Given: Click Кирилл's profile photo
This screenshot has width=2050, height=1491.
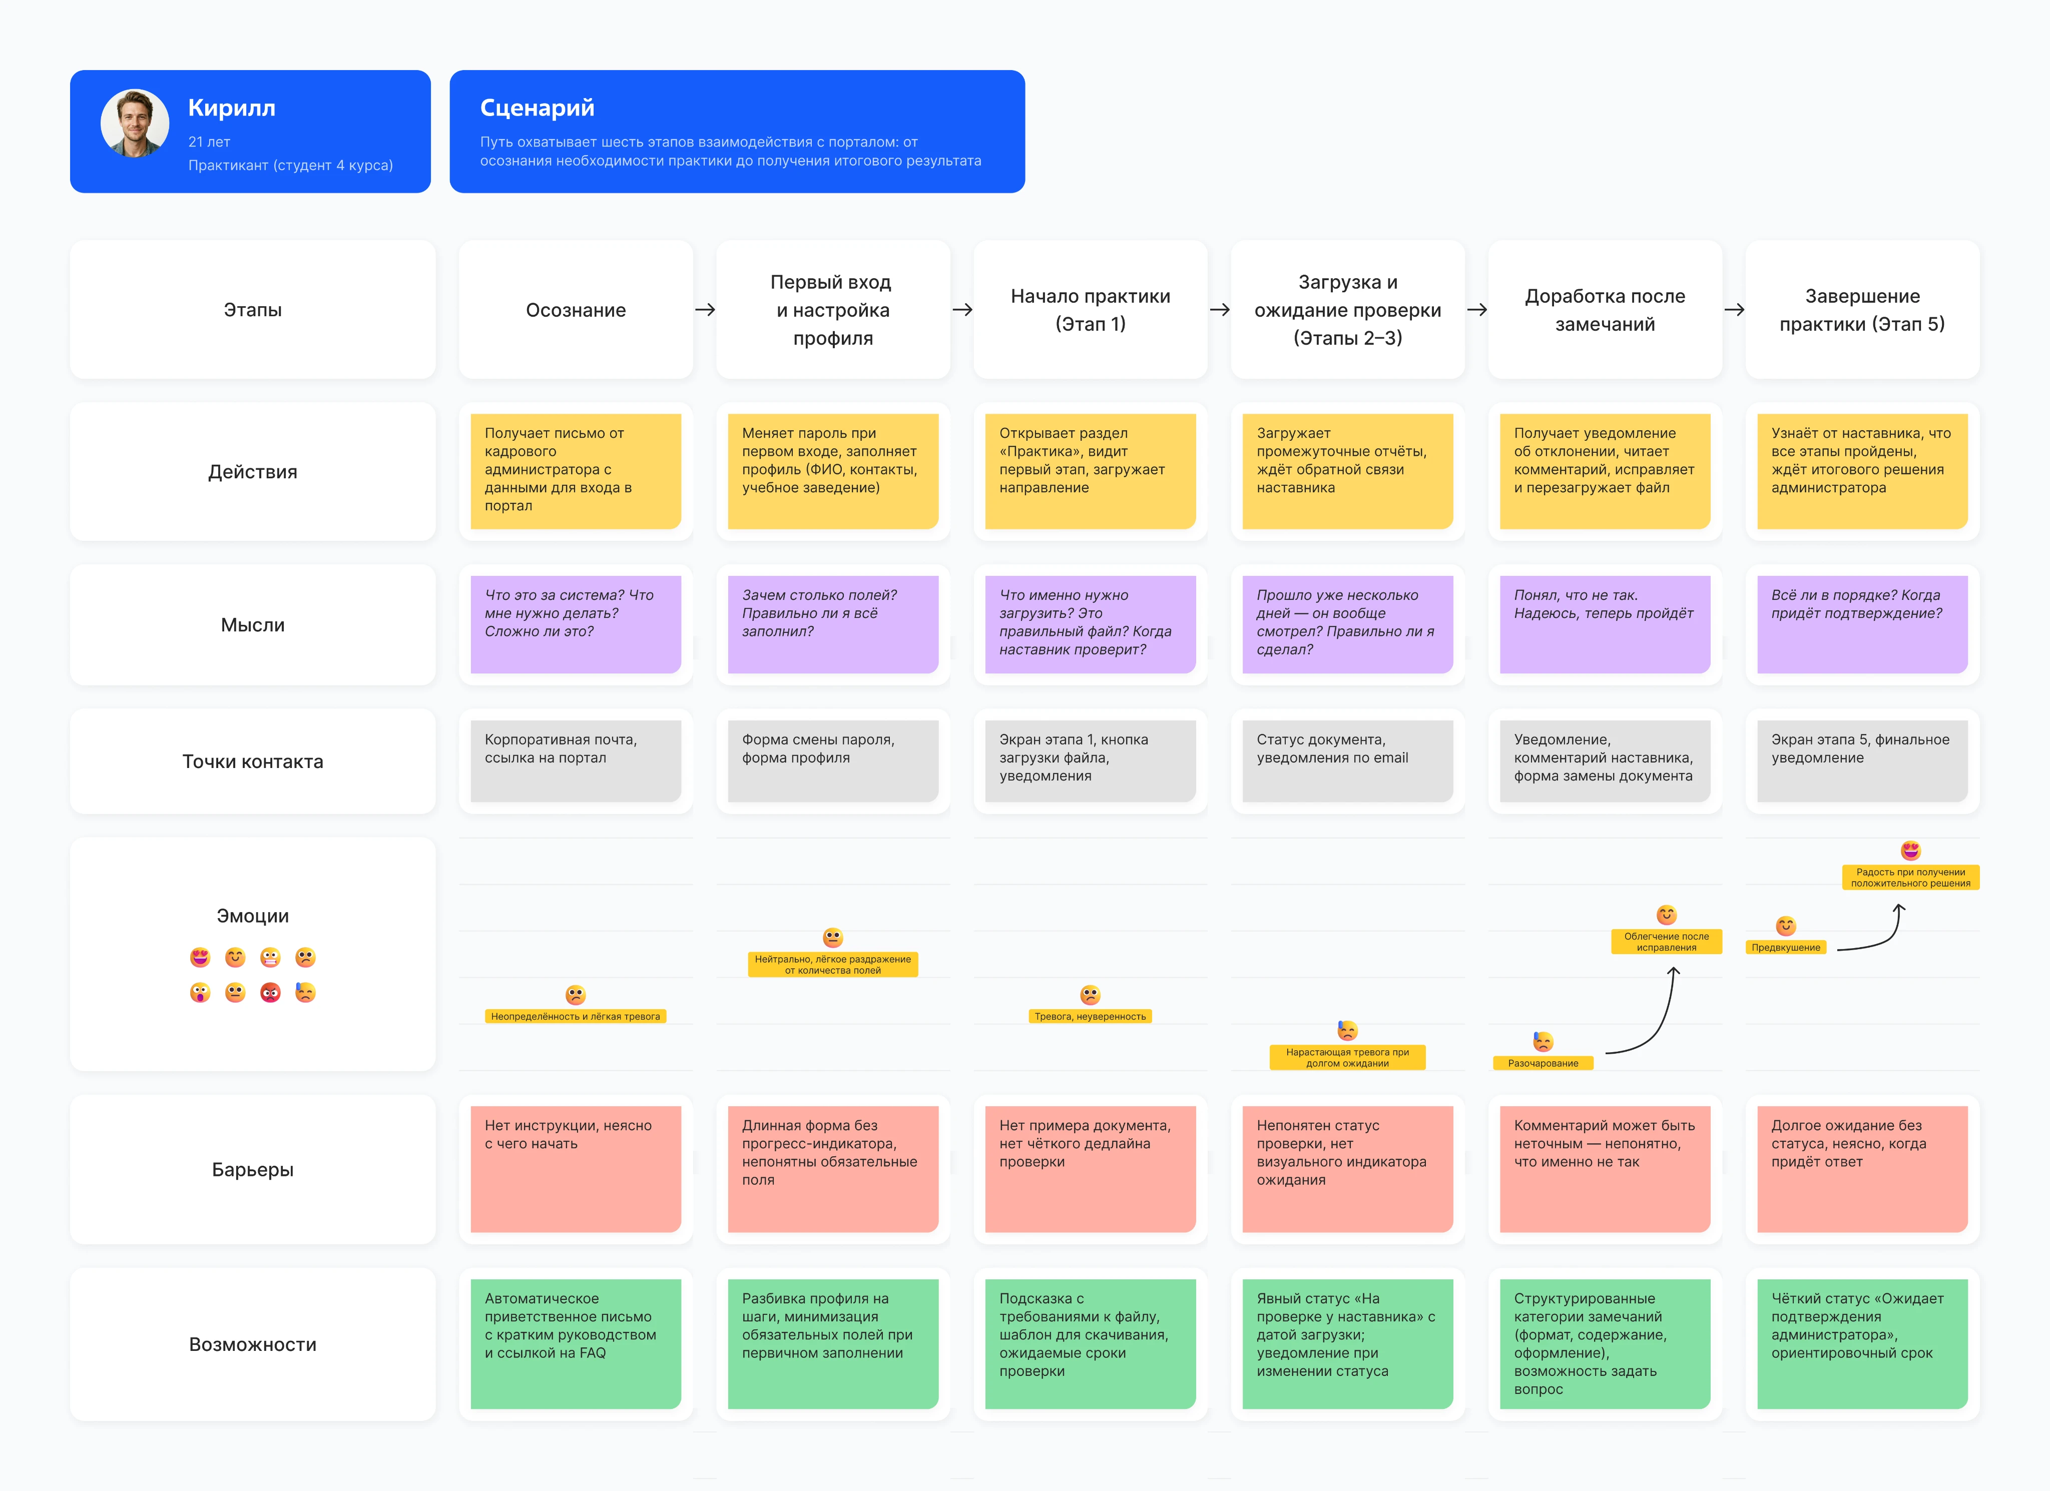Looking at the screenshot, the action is point(135,124).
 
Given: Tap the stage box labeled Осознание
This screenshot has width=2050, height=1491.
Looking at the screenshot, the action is point(576,309).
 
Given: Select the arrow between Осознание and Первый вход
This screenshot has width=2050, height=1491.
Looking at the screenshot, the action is point(705,309).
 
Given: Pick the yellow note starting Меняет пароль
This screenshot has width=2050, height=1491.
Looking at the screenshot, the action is point(832,471).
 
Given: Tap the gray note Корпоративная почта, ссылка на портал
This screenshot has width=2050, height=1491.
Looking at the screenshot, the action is point(576,761).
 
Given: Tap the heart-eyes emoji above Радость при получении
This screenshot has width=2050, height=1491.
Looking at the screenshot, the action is point(1910,851).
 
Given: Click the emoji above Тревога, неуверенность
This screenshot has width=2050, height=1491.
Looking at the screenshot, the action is point(1090,995).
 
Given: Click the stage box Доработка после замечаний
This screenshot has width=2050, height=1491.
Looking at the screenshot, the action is point(1605,309).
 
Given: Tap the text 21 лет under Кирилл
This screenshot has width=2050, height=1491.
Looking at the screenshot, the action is point(209,142).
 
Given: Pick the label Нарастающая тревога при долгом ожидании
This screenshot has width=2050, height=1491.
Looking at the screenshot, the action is point(1347,1057).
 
